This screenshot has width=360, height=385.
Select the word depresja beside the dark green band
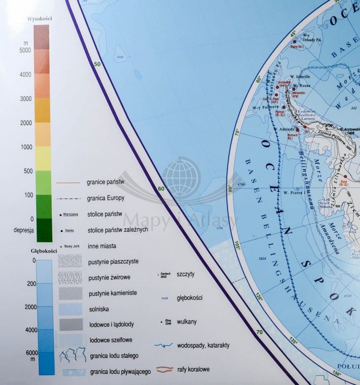pos(24,230)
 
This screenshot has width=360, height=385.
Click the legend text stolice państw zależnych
pos(118,229)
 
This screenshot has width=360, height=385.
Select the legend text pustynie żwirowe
pos(109,277)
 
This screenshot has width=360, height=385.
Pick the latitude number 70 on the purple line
pos(259,332)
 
